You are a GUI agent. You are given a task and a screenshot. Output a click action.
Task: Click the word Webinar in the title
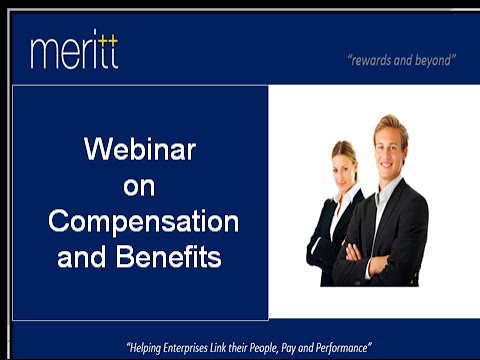click(x=139, y=150)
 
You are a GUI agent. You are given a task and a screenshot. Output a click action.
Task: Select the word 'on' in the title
click(x=139, y=186)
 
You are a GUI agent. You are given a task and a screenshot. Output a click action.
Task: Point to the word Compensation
click(x=143, y=221)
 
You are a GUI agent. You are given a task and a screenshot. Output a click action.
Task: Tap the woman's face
click(x=345, y=166)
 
